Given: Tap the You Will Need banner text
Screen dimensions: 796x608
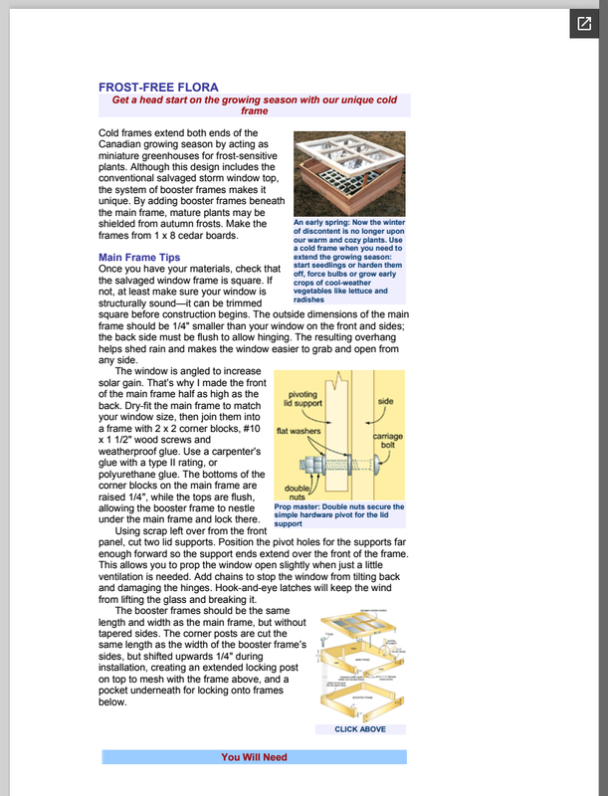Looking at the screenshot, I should coord(254,757).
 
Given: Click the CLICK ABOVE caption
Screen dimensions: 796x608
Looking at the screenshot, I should coord(360,729).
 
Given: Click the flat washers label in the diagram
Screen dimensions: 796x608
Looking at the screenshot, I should coord(298,431).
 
